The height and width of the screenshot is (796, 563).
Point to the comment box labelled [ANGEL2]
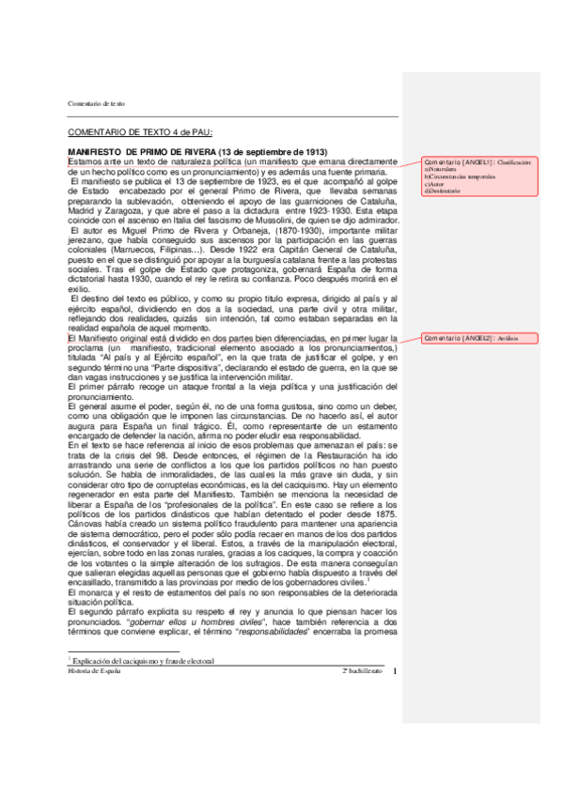point(482,337)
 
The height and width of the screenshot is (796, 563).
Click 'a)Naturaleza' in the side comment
point(442,169)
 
